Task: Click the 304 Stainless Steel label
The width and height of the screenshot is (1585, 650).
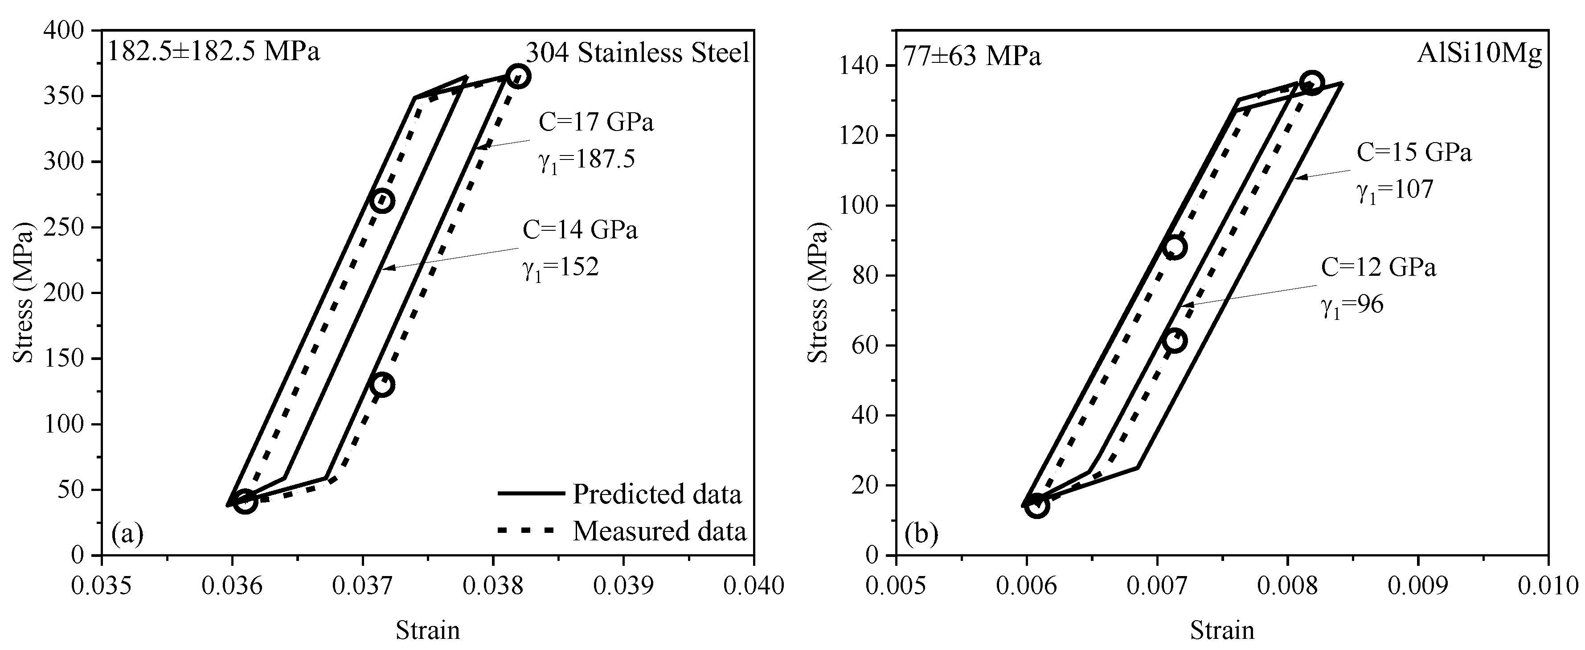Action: pyautogui.click(x=638, y=53)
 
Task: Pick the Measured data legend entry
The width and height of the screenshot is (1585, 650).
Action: pyautogui.click(x=659, y=531)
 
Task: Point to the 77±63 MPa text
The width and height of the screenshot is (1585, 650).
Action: pyautogui.click(x=972, y=57)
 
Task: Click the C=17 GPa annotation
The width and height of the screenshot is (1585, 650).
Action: pyautogui.click(x=596, y=123)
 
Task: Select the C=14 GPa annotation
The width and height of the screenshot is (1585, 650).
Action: pyautogui.click(x=580, y=230)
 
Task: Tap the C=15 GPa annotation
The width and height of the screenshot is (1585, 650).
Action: pyautogui.click(x=1414, y=152)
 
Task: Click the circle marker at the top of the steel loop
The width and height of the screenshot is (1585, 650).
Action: pyautogui.click(x=518, y=76)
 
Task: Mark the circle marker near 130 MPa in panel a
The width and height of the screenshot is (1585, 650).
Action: pyautogui.click(x=382, y=385)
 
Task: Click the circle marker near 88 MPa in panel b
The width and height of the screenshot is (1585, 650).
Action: pyautogui.click(x=1175, y=247)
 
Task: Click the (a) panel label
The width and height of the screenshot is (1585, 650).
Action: pyautogui.click(x=127, y=534)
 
